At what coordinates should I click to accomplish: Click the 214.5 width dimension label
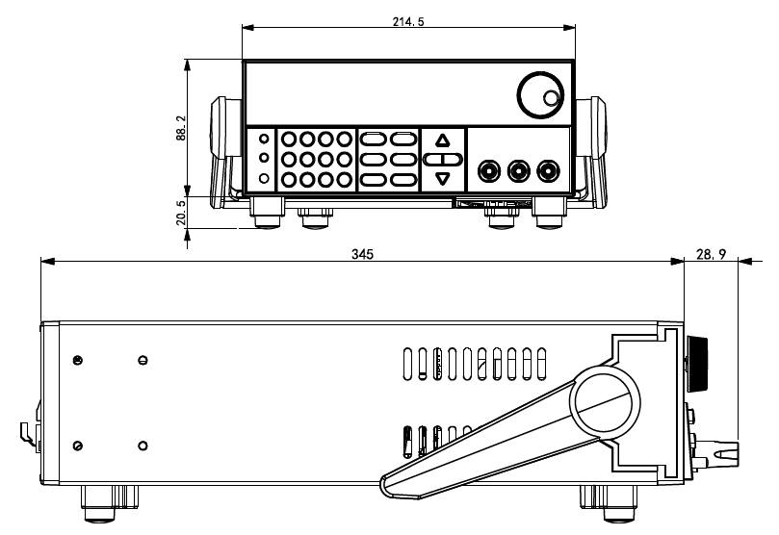[x=408, y=21]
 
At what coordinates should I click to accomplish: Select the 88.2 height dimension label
[x=181, y=128]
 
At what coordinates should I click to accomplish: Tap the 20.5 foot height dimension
[x=181, y=212]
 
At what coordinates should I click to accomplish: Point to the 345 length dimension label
[x=362, y=254]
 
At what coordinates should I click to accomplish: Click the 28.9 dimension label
[x=711, y=255]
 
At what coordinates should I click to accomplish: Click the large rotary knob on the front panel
[x=540, y=96]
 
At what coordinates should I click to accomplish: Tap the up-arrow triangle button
[x=442, y=140]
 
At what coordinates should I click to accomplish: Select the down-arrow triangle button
[x=442, y=179]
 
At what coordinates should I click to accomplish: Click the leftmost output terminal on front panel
[x=489, y=171]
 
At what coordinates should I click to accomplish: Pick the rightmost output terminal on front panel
[x=548, y=171]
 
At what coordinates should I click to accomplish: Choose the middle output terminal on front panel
[x=519, y=171]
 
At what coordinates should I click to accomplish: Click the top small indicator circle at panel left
[x=264, y=139]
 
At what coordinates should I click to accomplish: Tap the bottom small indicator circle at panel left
[x=264, y=178]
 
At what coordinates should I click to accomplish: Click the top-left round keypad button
[x=289, y=140]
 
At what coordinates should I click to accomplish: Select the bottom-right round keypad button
[x=344, y=179]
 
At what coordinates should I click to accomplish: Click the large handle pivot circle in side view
[x=605, y=402]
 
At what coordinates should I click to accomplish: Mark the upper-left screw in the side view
[x=77, y=360]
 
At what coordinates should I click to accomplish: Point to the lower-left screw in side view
[x=77, y=446]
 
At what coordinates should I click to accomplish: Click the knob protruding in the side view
[x=697, y=365]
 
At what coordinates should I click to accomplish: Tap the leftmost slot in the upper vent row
[x=407, y=365]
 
